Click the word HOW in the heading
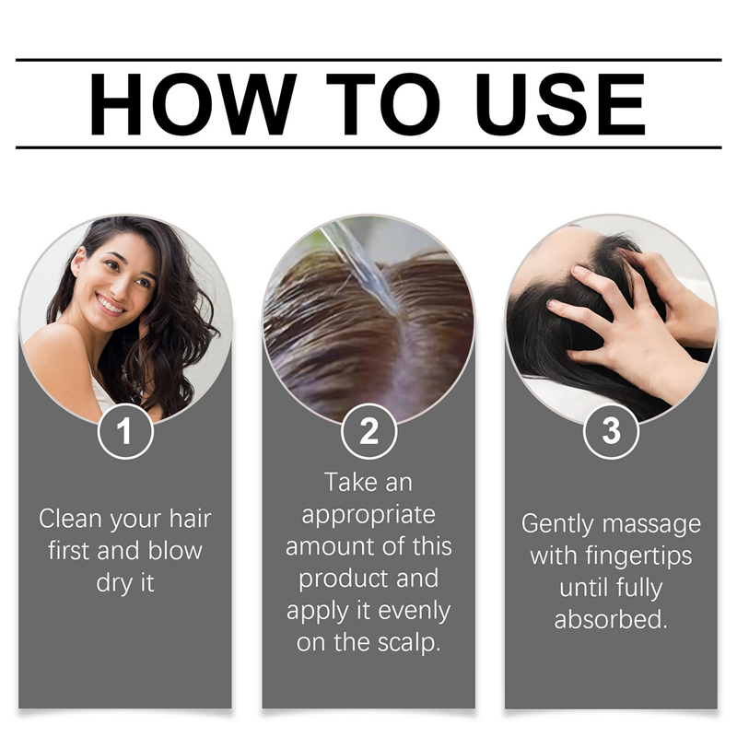193,104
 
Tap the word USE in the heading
560,104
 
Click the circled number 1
125,431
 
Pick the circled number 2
369,431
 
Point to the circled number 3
611,430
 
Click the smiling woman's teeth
111,306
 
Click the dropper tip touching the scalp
392,310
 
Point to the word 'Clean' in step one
71,519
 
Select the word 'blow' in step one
175,551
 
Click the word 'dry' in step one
111,584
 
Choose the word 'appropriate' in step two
368,516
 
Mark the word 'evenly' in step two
414,612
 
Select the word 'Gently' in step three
557,524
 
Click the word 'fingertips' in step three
638,557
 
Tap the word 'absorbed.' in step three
611,619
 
